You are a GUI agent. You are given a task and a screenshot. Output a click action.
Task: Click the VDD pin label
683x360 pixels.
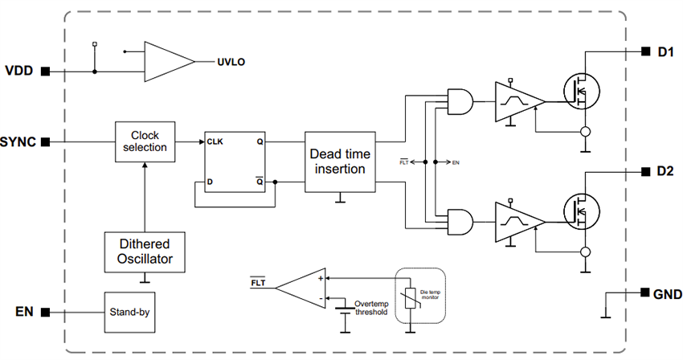[x=19, y=71]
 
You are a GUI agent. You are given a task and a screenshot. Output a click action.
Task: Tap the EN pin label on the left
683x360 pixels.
[x=24, y=311]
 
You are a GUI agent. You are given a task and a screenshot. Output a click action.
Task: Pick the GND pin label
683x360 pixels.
[x=666, y=294]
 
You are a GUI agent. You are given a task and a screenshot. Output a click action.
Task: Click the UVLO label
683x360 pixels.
[x=229, y=61]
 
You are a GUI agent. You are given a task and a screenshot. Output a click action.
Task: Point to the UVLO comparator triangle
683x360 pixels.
[x=167, y=61]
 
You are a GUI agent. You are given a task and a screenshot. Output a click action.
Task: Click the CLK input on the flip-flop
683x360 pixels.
[x=215, y=141]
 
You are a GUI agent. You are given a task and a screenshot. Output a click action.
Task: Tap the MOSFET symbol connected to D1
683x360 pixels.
[x=583, y=93]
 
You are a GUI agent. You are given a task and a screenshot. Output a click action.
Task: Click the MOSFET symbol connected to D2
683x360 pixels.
[x=583, y=211]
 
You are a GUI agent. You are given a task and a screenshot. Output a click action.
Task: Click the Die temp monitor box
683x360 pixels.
[x=418, y=295]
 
